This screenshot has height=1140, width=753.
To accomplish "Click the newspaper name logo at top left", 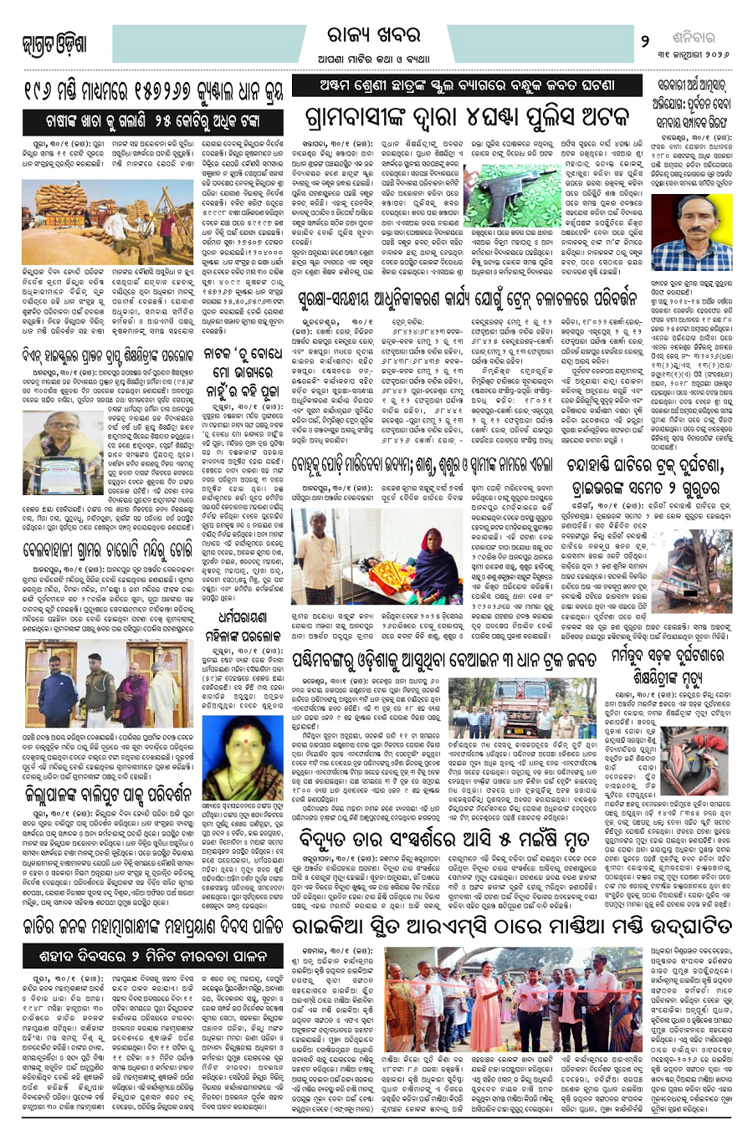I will [56, 42].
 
